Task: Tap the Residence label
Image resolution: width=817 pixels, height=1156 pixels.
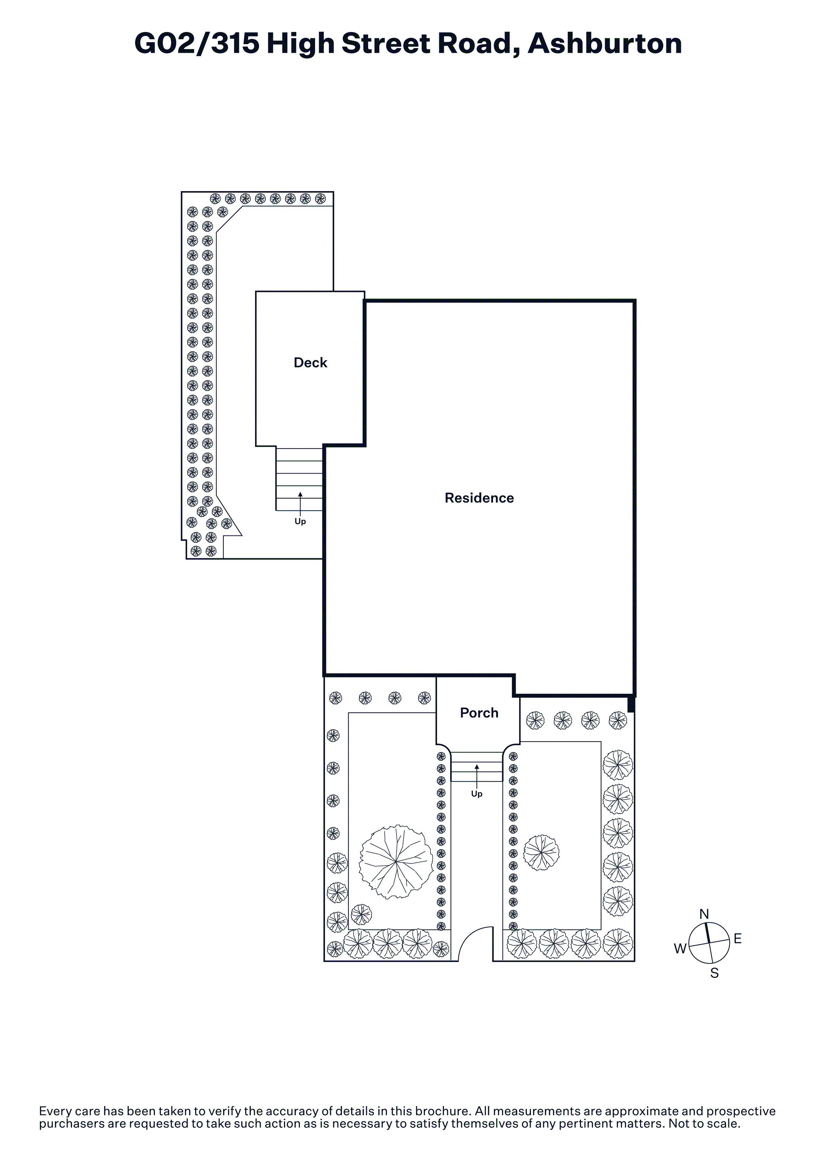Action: [x=479, y=498]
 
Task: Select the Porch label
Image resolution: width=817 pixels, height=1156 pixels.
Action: [x=479, y=713]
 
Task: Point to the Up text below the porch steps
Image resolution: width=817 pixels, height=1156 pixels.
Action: [x=477, y=794]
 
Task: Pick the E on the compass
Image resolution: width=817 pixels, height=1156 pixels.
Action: [x=738, y=939]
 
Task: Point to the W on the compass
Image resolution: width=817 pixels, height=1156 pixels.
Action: [x=680, y=949]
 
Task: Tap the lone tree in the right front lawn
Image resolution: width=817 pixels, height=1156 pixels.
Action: [x=541, y=853]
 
